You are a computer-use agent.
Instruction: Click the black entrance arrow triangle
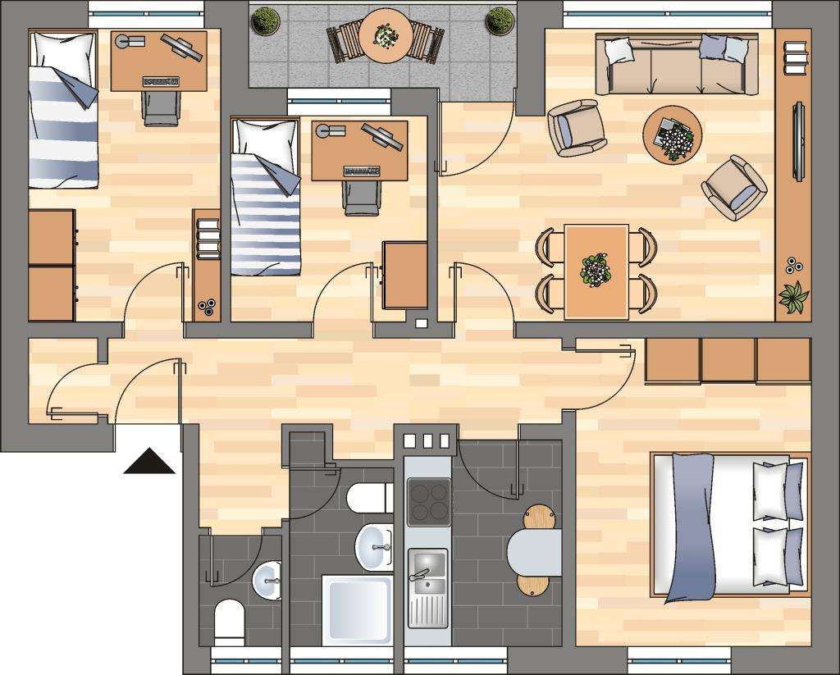click(148, 463)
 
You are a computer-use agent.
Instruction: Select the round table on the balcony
click(384, 36)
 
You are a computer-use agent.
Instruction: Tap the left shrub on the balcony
click(264, 21)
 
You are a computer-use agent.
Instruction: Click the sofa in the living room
click(676, 65)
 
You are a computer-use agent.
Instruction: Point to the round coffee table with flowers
click(673, 135)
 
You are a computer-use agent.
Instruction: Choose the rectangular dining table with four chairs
click(596, 271)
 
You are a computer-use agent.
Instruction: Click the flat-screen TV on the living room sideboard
click(798, 140)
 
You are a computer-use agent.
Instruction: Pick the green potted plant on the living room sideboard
click(793, 296)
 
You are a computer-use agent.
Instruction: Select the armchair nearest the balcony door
click(576, 128)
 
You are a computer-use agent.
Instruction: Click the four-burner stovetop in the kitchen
click(429, 501)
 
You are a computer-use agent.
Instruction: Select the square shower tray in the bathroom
click(357, 609)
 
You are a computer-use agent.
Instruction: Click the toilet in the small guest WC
click(229, 621)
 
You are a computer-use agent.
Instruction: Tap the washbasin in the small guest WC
click(267, 581)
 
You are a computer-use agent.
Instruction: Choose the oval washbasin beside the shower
click(373, 546)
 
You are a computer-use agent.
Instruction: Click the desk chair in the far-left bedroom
click(162, 107)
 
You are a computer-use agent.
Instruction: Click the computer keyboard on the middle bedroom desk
click(361, 171)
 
